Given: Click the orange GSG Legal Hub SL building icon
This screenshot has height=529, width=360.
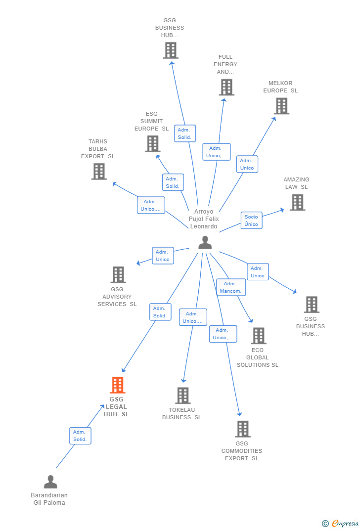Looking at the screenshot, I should (117, 385).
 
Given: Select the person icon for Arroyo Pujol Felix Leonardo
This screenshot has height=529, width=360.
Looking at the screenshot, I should (205, 243).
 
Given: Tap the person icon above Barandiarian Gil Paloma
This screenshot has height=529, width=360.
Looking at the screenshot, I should (50, 482).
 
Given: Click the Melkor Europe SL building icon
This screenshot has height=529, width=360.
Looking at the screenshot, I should (281, 106).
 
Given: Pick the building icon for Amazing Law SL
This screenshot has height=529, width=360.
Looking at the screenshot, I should (297, 202).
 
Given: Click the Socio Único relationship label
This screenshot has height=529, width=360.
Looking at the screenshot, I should (251, 220).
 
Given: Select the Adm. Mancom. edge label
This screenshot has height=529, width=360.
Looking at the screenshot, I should (231, 287).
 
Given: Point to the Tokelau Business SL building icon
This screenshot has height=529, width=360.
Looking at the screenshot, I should (183, 396).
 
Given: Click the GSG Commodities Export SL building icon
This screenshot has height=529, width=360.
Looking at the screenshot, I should (242, 429).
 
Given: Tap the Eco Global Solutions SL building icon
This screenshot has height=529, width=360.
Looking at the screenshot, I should (258, 336).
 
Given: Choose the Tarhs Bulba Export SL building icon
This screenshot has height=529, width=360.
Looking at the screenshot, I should (99, 171).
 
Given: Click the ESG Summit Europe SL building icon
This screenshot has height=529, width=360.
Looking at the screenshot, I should (152, 143).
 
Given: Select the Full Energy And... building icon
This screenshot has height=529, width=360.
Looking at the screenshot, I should (226, 87).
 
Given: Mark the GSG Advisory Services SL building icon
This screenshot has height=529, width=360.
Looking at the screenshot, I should (118, 275).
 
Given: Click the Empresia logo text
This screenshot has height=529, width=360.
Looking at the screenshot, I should (345, 523).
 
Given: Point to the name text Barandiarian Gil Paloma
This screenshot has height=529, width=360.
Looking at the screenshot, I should (49, 499).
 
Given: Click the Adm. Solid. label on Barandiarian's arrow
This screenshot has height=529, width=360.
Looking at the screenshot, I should (80, 436).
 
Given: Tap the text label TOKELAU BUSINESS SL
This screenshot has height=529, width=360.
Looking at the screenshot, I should (182, 414).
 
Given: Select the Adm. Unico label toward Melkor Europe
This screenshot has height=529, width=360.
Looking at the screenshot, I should (247, 164).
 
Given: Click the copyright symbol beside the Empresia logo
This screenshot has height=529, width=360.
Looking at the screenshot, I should (325, 524).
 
